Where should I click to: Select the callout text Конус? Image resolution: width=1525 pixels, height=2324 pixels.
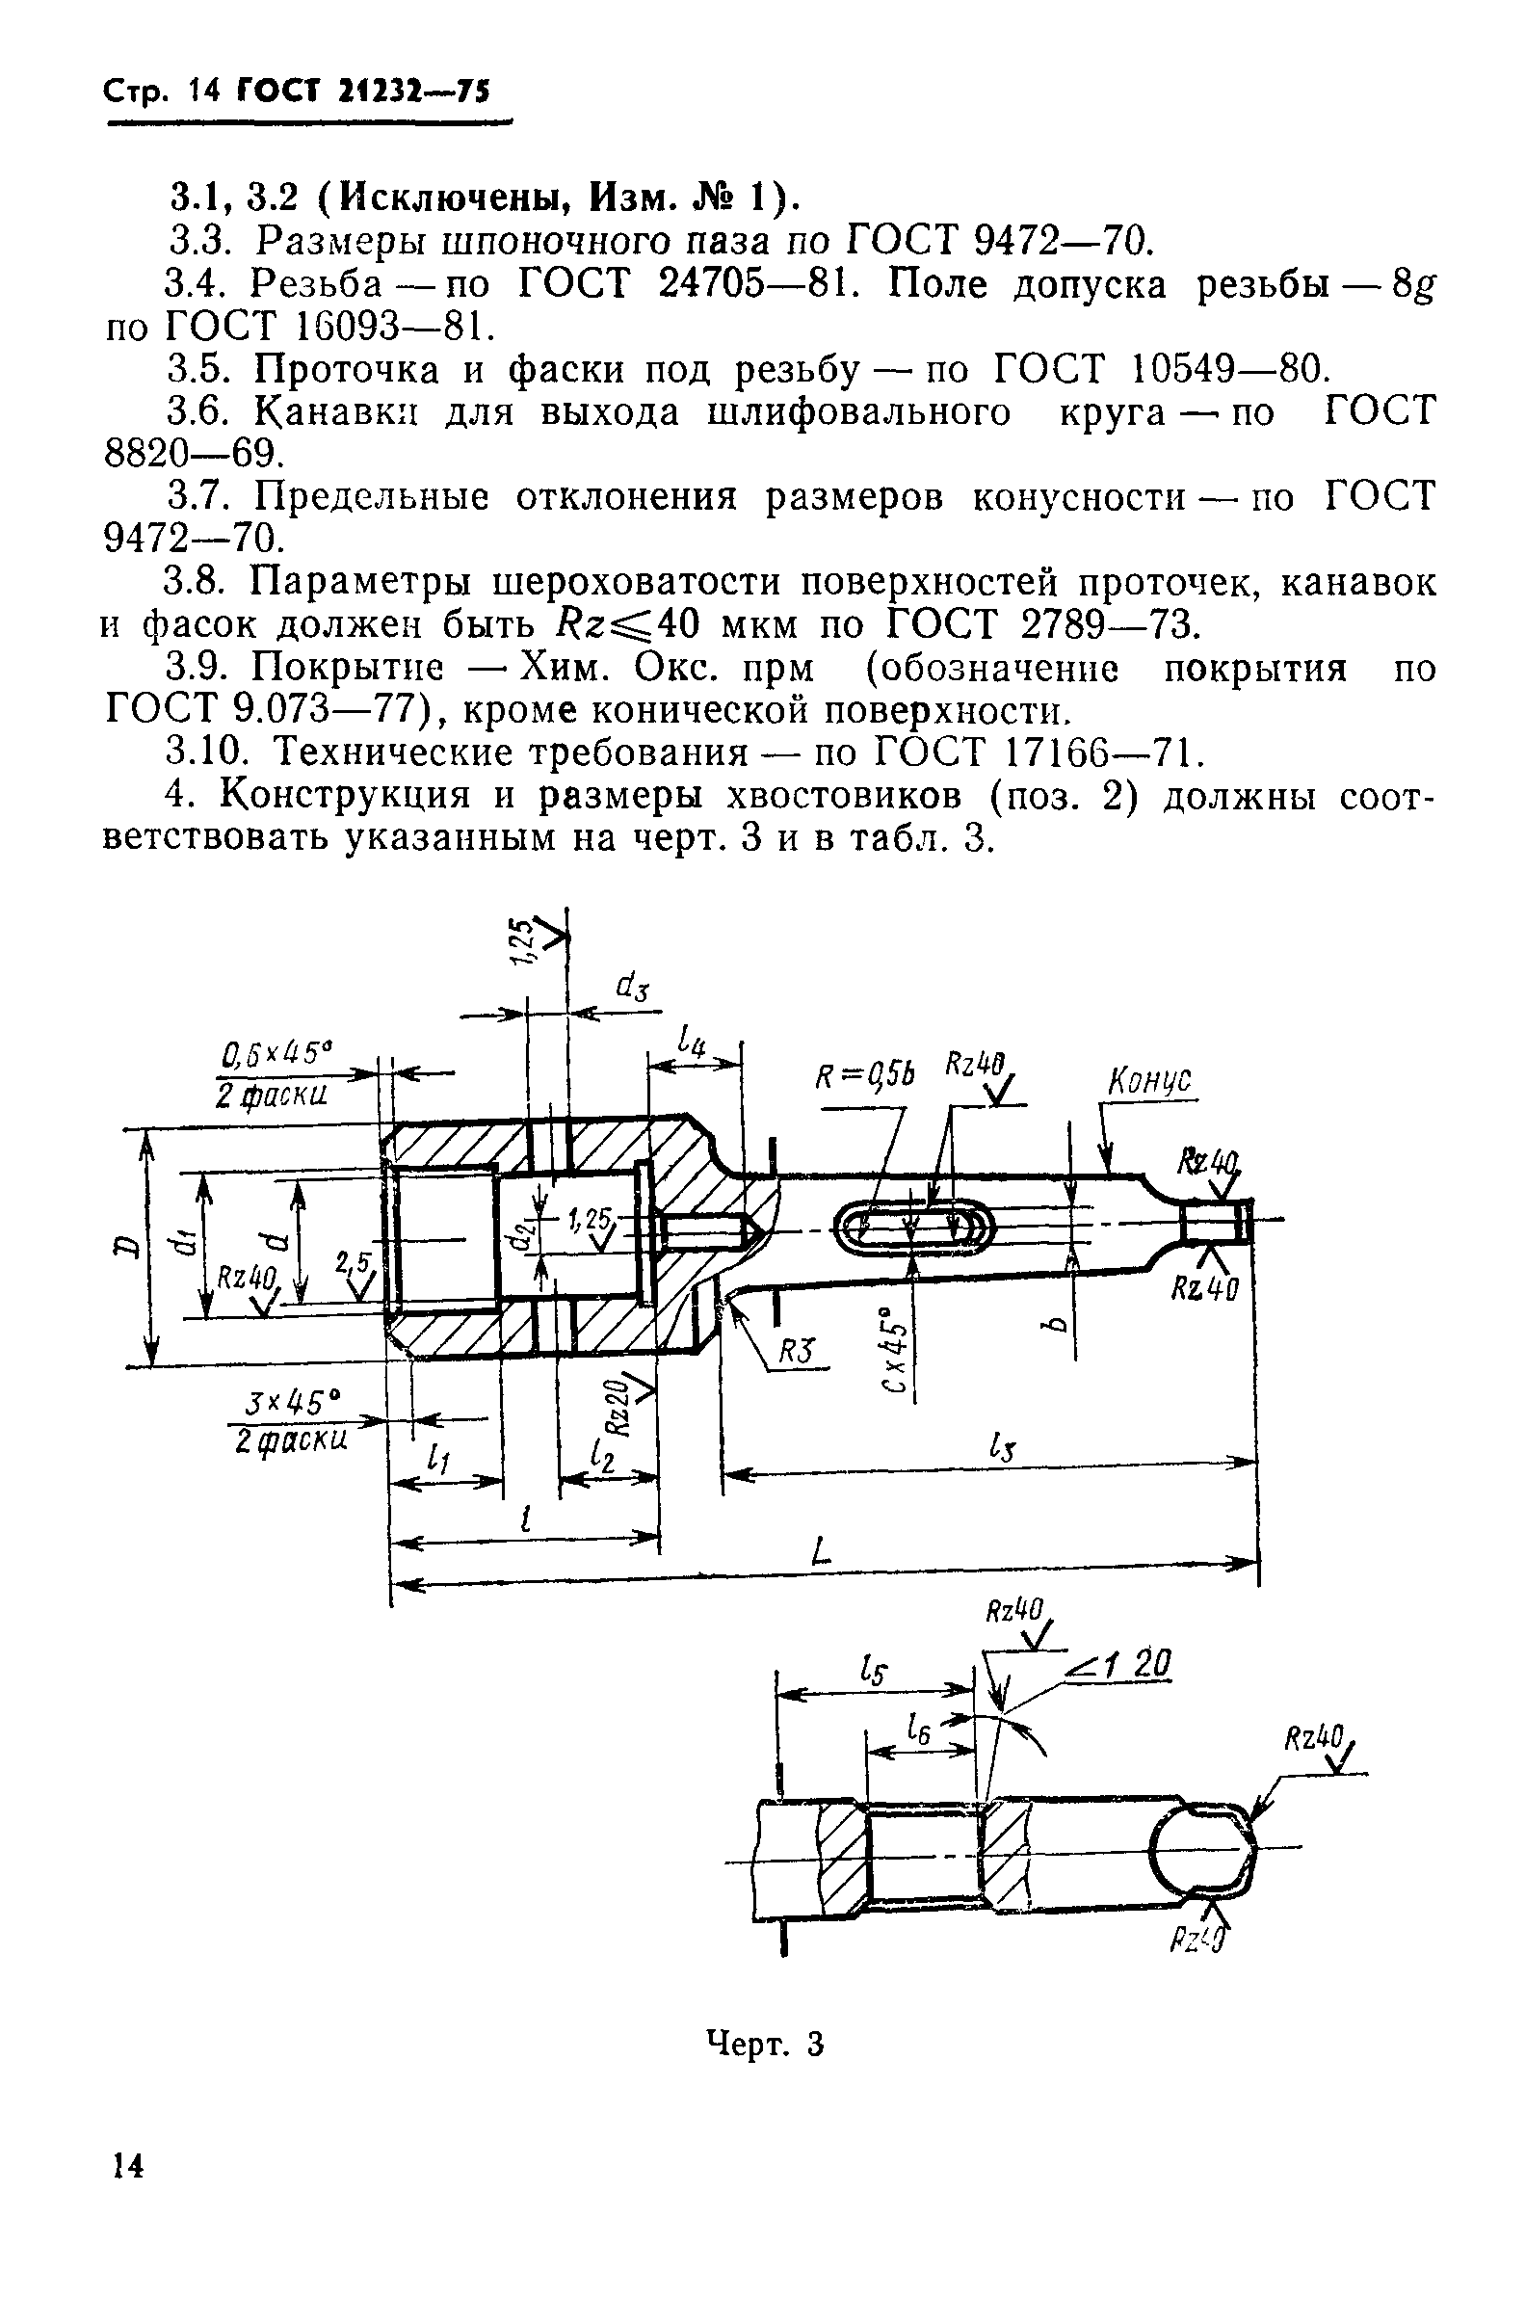1151,1082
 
